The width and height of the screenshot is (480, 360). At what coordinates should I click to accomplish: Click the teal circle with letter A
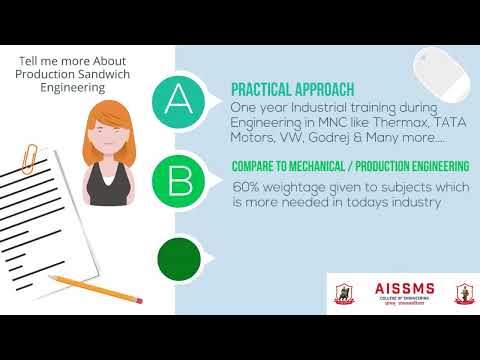178,100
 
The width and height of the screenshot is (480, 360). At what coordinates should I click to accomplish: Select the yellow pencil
80,290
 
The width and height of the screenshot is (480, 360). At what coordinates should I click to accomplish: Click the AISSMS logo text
396,287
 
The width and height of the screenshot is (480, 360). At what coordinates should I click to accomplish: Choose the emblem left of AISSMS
344,292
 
